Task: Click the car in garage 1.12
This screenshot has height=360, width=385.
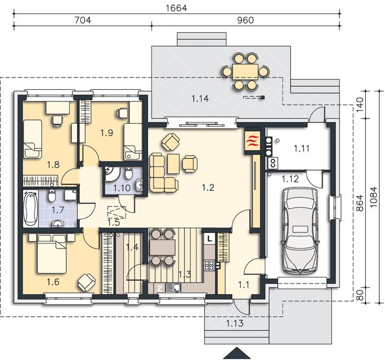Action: click(x=300, y=230)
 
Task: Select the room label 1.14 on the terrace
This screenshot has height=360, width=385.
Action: click(x=200, y=99)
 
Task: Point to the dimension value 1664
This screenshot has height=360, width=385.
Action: click(x=177, y=8)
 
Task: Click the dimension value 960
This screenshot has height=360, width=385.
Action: click(x=245, y=20)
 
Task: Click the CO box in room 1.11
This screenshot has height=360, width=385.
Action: click(x=273, y=163)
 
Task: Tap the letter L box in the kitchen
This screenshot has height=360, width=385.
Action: click(x=209, y=239)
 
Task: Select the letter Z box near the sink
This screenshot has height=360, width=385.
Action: click(x=160, y=288)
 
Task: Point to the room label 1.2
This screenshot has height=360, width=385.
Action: click(x=208, y=188)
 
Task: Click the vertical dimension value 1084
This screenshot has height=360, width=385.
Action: click(x=373, y=197)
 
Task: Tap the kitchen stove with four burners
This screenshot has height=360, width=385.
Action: click(x=209, y=265)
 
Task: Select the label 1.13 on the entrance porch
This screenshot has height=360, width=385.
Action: click(x=235, y=323)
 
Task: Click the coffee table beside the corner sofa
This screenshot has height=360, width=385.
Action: click(x=174, y=163)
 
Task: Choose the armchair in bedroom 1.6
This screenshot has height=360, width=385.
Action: click(x=86, y=283)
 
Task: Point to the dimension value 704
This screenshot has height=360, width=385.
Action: click(x=83, y=20)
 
